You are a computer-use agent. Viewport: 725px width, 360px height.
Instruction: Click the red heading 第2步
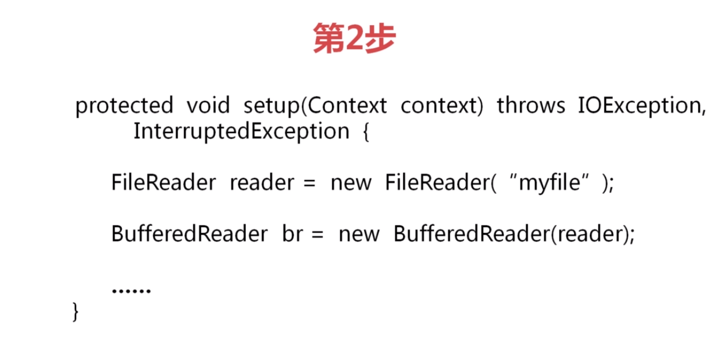[x=354, y=39]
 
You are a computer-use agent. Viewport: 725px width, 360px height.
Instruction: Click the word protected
[x=124, y=106]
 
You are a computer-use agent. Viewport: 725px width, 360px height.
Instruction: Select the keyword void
[x=208, y=106]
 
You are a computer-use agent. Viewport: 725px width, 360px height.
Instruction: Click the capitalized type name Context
[x=347, y=106]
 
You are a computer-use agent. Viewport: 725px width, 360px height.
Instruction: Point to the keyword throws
[x=530, y=106]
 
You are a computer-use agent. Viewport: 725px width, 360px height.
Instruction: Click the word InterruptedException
[x=241, y=132]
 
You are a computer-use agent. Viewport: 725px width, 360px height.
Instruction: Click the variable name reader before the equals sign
[x=262, y=183]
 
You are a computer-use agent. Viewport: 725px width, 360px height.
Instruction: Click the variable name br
[x=292, y=234]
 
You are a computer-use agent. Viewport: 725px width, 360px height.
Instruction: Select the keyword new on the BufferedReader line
[x=359, y=234]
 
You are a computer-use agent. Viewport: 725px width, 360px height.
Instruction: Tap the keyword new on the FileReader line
[x=351, y=183]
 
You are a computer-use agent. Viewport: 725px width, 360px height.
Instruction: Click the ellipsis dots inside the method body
[x=131, y=291]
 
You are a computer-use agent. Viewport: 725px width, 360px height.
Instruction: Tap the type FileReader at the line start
[x=163, y=183]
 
